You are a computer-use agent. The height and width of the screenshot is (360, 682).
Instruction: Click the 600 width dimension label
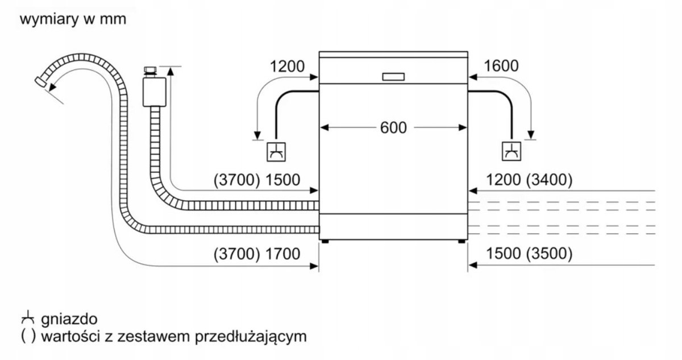pyautogui.click(x=393, y=127)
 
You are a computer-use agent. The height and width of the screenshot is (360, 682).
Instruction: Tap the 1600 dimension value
pyautogui.click(x=501, y=66)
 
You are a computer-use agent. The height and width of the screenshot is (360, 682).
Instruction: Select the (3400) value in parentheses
pyautogui.click(x=549, y=179)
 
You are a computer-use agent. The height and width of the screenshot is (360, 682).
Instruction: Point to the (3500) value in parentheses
pyautogui.click(x=549, y=254)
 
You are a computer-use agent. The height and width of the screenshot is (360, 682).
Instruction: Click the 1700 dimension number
pyautogui.click(x=283, y=254)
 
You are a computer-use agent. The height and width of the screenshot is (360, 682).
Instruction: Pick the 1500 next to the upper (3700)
pyautogui.click(x=283, y=180)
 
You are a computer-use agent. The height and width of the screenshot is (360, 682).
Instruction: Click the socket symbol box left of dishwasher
pyautogui.click(x=276, y=152)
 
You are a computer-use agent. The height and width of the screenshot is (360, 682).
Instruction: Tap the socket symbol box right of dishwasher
pyautogui.click(x=511, y=151)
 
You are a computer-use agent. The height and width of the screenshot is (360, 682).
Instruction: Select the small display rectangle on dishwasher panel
pyautogui.click(x=393, y=77)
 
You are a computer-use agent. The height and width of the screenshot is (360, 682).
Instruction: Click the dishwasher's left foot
pyautogui.click(x=325, y=242)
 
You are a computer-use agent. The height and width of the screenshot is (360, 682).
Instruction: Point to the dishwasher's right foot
pyautogui.click(x=461, y=242)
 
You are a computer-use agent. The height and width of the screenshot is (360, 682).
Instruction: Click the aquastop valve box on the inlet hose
pyautogui.click(x=155, y=92)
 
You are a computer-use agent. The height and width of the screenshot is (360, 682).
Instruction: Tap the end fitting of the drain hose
pyautogui.click(x=40, y=81)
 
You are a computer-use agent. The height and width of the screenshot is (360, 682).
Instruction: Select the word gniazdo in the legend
pyautogui.click(x=69, y=319)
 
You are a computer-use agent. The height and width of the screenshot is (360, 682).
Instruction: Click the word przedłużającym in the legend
pyautogui.click(x=251, y=337)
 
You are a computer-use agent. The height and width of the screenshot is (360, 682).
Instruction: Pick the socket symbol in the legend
pyautogui.click(x=28, y=317)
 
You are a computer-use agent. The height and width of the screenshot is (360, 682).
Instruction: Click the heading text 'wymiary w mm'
pyautogui.click(x=73, y=19)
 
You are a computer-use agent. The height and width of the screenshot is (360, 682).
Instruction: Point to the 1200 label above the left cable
pyautogui.click(x=287, y=67)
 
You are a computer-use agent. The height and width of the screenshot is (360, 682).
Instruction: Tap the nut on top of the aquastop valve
pyautogui.click(x=151, y=72)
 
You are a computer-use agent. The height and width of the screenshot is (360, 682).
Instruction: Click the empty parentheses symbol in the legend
pyautogui.click(x=28, y=336)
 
